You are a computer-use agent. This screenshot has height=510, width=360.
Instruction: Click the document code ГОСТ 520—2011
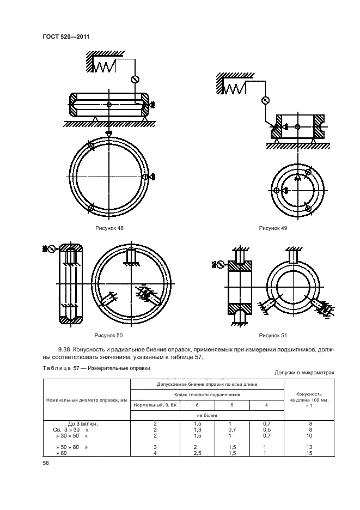tap(65, 37)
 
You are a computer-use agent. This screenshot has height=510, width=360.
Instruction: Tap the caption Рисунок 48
tap(108, 228)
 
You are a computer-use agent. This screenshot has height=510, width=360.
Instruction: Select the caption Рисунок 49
tap(273, 228)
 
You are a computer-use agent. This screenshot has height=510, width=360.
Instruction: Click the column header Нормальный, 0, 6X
tap(151, 405)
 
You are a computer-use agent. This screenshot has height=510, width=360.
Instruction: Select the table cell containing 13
tap(309, 446)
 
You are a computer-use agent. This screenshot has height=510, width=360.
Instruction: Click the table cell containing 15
tap(309, 452)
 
